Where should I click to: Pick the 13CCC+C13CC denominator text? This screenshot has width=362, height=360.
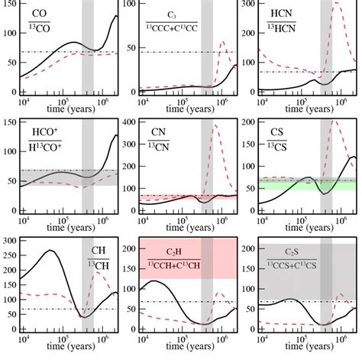(175, 32)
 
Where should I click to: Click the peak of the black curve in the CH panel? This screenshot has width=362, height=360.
(50, 251)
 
